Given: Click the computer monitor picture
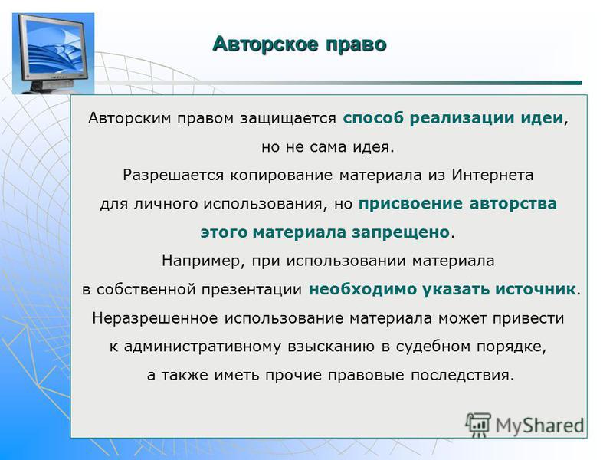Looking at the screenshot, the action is coord(53,53).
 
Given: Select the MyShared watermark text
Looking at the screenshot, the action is coord(540,426).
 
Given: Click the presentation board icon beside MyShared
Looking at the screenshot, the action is coord(478,425).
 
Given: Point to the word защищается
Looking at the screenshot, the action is coord(288,119).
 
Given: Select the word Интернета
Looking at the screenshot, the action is coord(492,175).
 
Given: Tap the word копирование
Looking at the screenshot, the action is coord(281,176).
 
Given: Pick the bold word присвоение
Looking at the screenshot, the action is coord(411,204).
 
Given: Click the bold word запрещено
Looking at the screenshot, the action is coord(401,233).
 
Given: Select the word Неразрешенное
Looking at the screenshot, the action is coord(155,318).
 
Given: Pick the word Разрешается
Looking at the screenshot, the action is coord(173,176).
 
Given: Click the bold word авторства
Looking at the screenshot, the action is coord(513,204).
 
